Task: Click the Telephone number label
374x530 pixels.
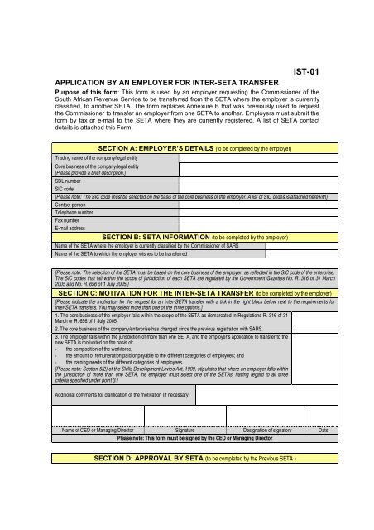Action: tap(79, 210)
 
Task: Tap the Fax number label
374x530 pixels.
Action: tap(70, 219)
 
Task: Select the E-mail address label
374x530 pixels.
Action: tap(74, 227)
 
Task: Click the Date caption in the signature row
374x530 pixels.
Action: tap(323, 431)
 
